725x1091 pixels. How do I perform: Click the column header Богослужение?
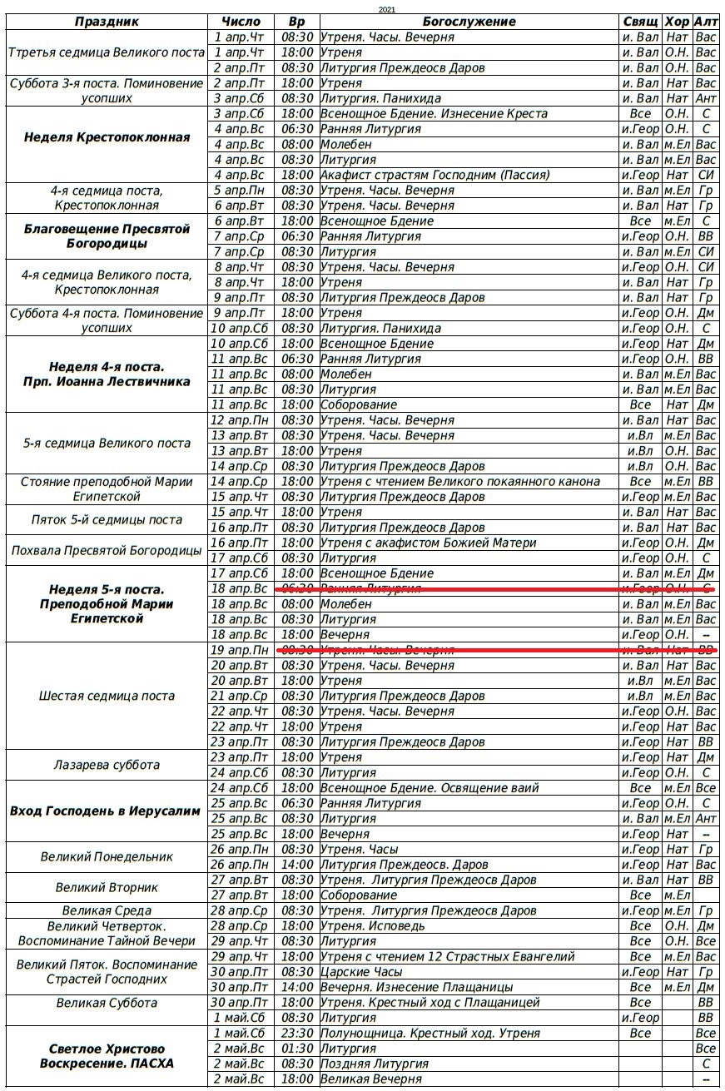click(x=469, y=22)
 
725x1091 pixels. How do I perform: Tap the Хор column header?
click(x=677, y=22)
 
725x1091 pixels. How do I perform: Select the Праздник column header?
click(x=107, y=22)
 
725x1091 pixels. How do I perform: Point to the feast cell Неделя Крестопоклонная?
click(x=107, y=137)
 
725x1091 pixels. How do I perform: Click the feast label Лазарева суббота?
click(x=107, y=765)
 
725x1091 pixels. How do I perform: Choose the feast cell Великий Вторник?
click(x=107, y=887)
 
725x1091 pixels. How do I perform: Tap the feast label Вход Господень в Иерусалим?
click(x=107, y=811)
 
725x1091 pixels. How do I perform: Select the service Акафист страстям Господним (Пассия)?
click(x=435, y=175)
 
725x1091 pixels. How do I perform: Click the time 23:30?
click(x=297, y=1034)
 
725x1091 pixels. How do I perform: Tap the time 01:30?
click(x=297, y=1049)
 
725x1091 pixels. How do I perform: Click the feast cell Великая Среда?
click(x=107, y=910)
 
